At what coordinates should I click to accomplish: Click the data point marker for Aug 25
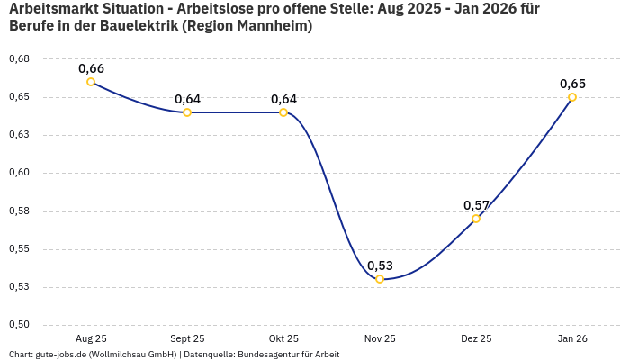point(91,82)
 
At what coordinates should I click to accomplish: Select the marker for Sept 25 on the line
point(187,112)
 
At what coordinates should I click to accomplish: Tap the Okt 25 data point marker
point(283,112)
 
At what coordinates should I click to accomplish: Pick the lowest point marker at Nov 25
point(380,279)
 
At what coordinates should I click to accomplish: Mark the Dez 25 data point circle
point(476,219)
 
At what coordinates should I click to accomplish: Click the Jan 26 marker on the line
point(572,97)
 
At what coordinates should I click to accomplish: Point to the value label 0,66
point(91,68)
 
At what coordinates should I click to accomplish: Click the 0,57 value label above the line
point(476,205)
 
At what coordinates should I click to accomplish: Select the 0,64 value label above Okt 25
point(283,99)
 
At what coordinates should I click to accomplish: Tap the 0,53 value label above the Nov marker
point(380,265)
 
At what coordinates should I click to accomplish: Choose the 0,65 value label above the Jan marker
point(572,84)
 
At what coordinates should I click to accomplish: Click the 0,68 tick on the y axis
point(19,58)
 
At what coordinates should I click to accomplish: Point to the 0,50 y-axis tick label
point(19,325)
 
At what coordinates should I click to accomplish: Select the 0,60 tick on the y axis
point(19,173)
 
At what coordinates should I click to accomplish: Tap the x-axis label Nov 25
point(380,338)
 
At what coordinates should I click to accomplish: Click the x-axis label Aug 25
point(91,338)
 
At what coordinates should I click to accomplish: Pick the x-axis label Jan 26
point(572,338)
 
